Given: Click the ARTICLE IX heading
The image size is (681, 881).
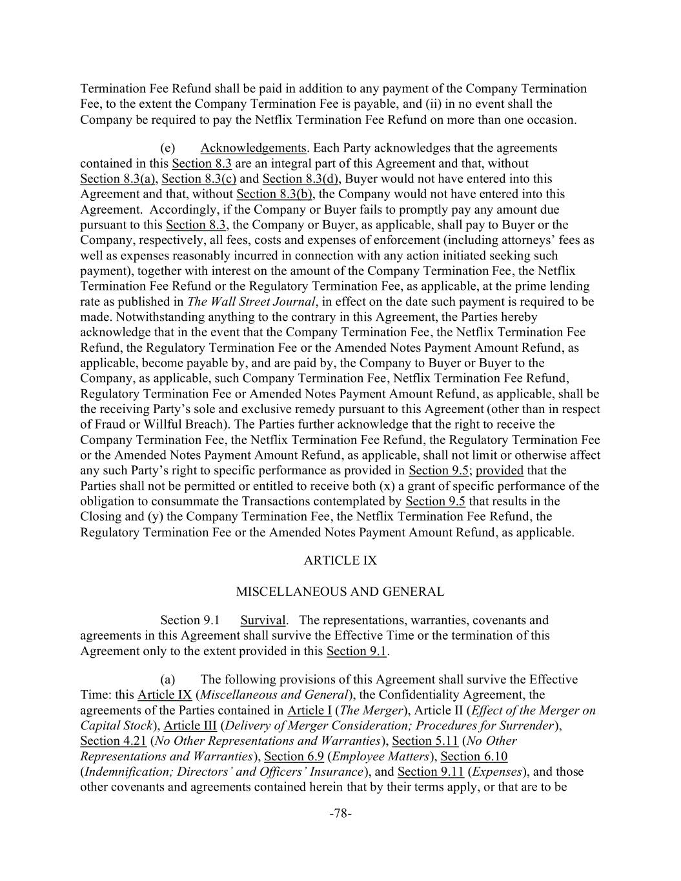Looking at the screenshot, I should point(340,561).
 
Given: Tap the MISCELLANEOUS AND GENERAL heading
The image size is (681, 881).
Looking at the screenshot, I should point(340,592).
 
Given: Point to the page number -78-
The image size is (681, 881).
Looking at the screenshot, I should point(340,814).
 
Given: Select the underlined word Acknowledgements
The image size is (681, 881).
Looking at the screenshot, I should point(253,148).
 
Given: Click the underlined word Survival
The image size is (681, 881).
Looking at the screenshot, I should point(263,621).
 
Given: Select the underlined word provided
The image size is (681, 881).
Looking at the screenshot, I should point(500,471).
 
